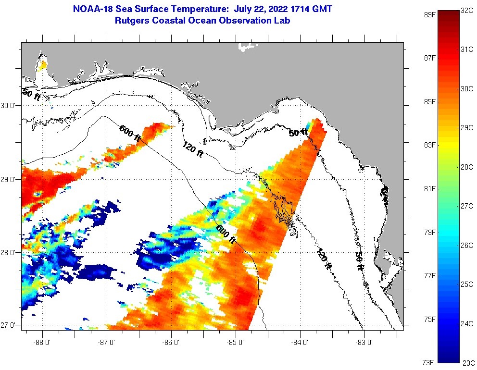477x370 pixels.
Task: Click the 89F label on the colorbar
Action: click(429, 14)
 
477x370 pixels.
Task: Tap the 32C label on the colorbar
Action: click(467, 10)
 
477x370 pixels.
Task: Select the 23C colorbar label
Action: click(467, 363)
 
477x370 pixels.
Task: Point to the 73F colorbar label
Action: click(429, 362)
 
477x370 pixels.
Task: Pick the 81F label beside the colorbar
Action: click(429, 188)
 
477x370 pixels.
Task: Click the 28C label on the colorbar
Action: click(467, 166)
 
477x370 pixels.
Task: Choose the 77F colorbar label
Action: click(429, 275)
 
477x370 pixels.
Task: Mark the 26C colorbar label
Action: click(467, 245)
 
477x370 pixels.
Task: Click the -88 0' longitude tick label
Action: click(43, 343)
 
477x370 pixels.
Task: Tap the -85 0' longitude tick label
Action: click(236, 343)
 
